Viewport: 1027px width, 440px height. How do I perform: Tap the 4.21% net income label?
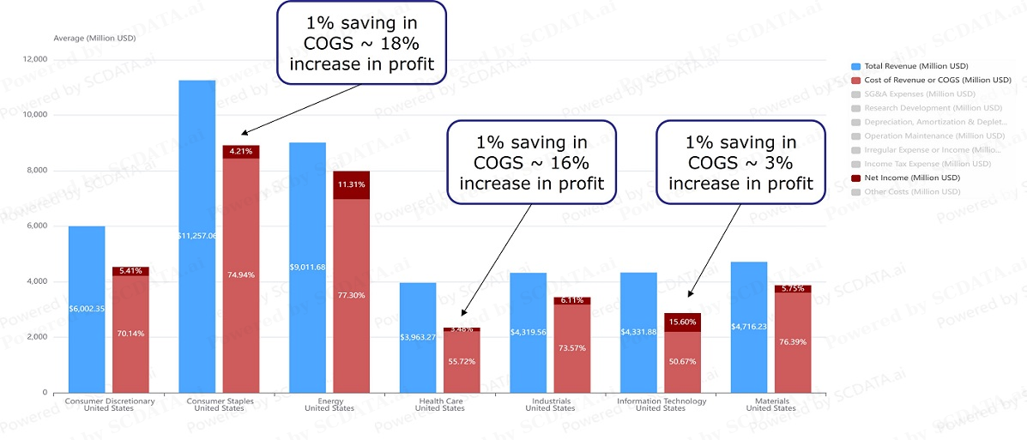click(x=240, y=152)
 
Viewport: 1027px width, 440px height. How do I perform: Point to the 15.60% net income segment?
click(x=682, y=322)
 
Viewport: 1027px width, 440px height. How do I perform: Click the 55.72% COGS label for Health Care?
click(x=462, y=361)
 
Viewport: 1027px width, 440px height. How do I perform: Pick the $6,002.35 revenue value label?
click(x=87, y=308)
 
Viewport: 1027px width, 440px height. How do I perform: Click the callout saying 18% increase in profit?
click(x=361, y=44)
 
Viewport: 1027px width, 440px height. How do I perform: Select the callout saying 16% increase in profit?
click(x=531, y=163)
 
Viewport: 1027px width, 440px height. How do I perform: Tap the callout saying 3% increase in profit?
click(x=740, y=162)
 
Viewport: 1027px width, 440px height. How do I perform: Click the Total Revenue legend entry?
click(x=915, y=66)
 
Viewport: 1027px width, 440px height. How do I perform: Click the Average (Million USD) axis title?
click(x=94, y=38)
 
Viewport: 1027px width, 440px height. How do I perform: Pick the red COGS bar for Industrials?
click(x=571, y=348)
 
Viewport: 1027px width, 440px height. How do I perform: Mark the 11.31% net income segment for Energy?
click(x=351, y=184)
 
